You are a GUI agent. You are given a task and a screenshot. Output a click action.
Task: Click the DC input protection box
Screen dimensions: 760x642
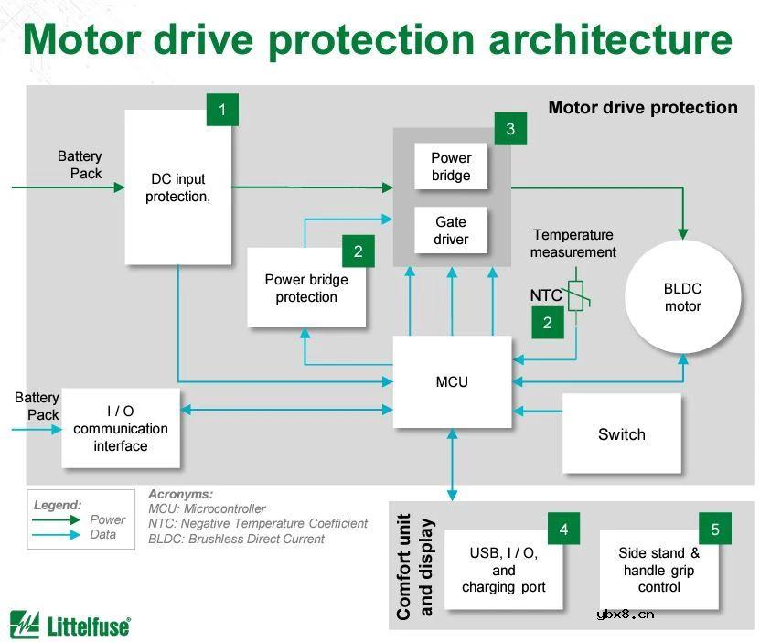point(178,187)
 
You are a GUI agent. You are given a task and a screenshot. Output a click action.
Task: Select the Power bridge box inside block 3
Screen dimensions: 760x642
point(451,166)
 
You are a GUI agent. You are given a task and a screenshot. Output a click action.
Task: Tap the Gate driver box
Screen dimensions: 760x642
point(451,230)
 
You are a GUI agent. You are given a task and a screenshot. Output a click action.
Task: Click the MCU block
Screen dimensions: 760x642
point(452,381)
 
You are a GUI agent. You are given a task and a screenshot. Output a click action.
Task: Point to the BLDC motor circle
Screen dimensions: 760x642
point(682,296)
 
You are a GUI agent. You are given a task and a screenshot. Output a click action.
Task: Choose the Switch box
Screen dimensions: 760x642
point(621,433)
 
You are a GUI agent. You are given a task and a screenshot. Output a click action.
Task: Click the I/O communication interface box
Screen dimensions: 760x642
point(121,428)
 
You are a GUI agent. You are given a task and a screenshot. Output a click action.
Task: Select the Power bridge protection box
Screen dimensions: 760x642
point(306,288)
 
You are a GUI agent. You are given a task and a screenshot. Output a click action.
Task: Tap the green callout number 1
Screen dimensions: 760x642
point(222,110)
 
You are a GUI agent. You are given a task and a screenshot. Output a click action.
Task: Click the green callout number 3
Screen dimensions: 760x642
point(510,129)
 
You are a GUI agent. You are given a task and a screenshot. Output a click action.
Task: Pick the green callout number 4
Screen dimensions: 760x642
point(563,529)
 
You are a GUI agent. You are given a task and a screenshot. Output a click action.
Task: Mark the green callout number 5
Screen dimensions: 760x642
point(715,529)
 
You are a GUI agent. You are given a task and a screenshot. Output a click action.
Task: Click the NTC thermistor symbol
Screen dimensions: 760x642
point(576,295)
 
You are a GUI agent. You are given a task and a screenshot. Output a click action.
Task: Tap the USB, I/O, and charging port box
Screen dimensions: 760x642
point(504,570)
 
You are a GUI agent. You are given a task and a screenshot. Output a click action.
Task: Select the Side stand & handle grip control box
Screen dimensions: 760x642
point(659,570)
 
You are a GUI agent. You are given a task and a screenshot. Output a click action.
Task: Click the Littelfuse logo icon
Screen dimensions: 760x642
point(24,625)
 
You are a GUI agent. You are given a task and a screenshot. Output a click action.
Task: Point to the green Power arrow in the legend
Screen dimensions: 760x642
point(56,519)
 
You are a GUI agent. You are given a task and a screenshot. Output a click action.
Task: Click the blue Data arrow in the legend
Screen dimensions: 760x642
point(56,535)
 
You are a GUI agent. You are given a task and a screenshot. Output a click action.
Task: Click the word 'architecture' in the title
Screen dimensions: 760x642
point(611,38)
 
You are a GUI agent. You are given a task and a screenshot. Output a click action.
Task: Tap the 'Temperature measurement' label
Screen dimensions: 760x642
point(573,243)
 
